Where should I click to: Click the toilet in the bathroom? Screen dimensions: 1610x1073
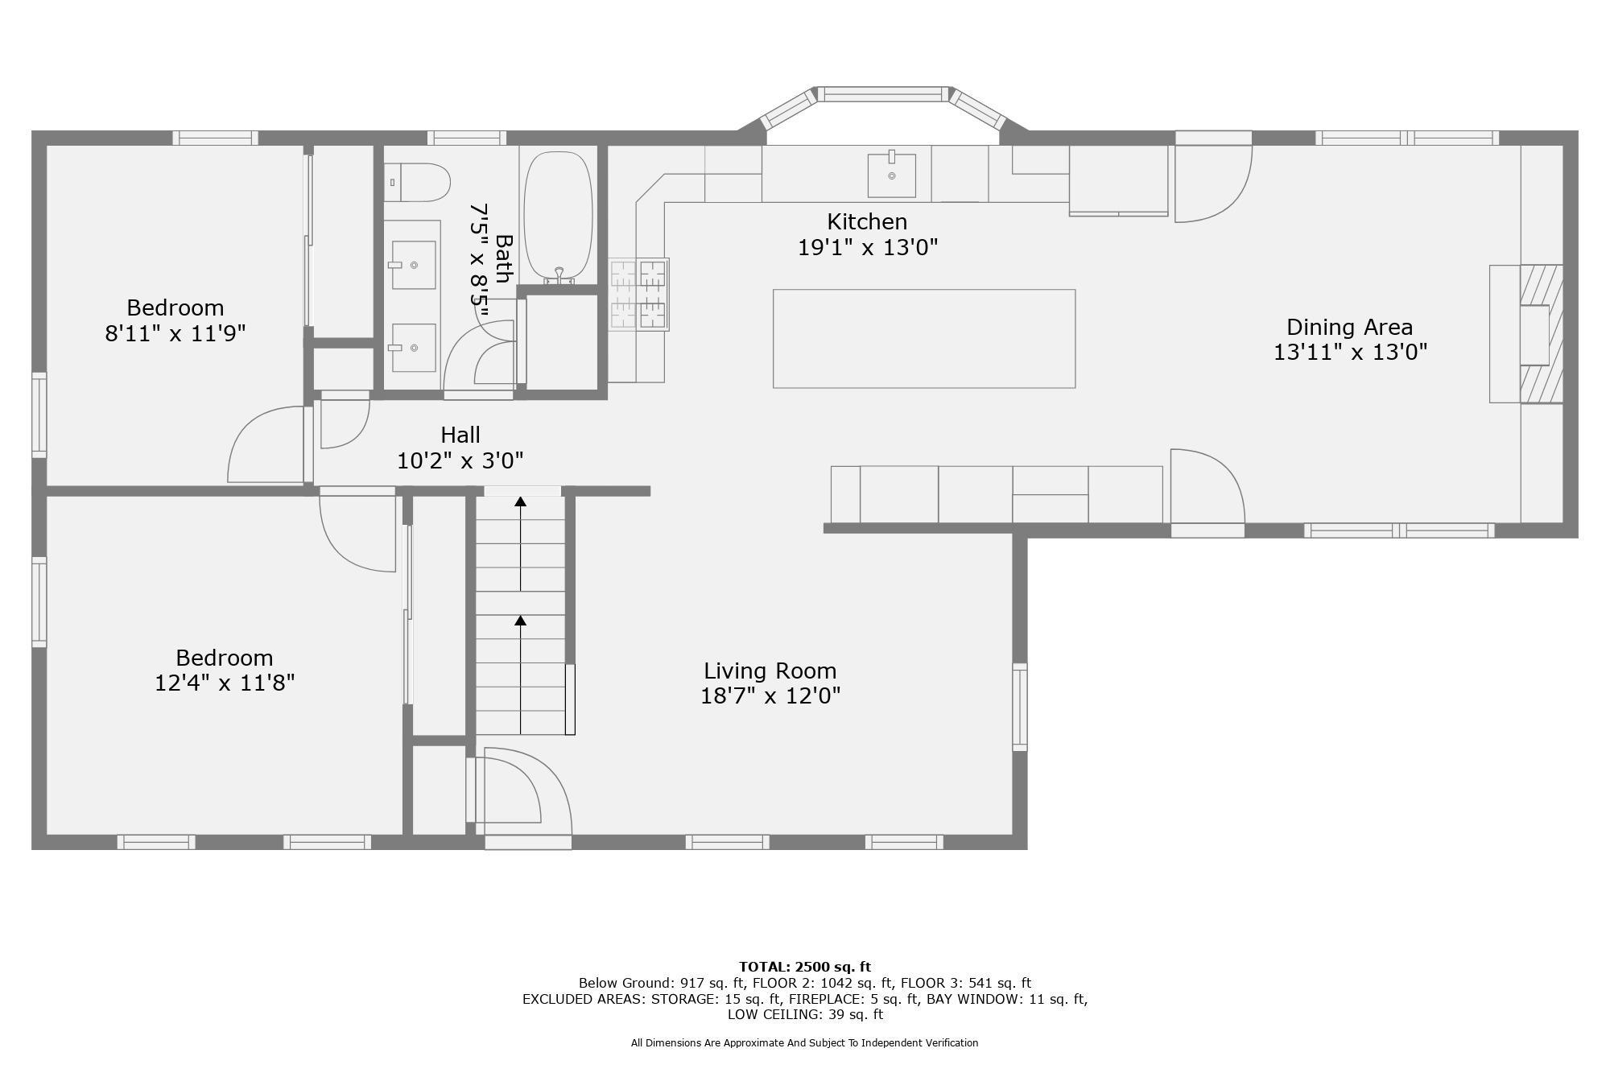[x=416, y=183]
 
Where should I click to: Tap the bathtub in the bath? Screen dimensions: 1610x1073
[x=558, y=217]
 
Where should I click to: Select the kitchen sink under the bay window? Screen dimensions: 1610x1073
[x=891, y=174]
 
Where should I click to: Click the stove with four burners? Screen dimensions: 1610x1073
[x=638, y=294]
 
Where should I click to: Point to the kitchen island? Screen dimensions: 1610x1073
[x=924, y=339]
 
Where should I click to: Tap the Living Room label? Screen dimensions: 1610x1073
[x=770, y=671]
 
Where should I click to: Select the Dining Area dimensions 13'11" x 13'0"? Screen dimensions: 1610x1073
[x=1350, y=353]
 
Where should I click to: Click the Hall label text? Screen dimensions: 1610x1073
[x=460, y=435]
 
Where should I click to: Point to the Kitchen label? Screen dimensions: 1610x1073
[x=867, y=221]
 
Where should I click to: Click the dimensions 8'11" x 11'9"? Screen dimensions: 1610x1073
[x=175, y=333]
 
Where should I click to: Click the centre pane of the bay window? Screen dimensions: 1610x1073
[x=884, y=94]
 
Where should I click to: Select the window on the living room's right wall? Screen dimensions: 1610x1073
[x=1020, y=707]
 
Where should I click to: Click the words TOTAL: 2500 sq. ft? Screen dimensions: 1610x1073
[x=805, y=967]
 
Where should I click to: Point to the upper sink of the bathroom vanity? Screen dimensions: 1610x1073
[x=414, y=265]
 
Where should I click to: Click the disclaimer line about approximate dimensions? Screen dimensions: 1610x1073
[x=805, y=1042]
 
